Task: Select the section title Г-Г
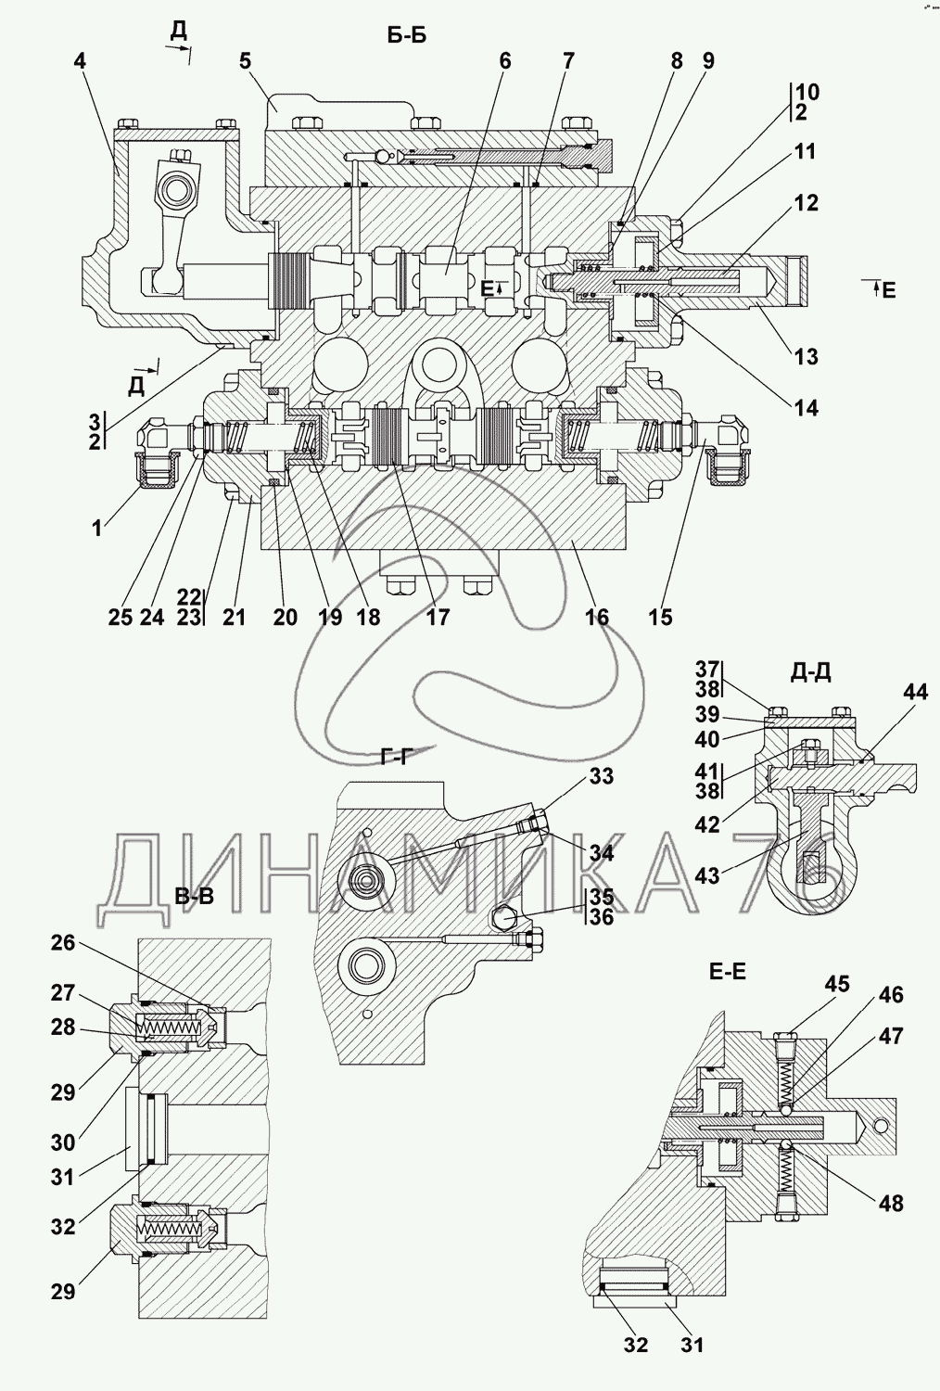(395, 757)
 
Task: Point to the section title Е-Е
(728, 971)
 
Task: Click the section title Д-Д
(809, 673)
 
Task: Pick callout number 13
(806, 357)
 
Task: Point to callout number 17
(437, 617)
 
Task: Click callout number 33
(602, 777)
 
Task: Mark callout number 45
(837, 984)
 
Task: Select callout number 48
(891, 1203)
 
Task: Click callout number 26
(63, 943)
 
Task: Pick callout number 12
(807, 202)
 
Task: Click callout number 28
(63, 1028)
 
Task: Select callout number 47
(891, 1036)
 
